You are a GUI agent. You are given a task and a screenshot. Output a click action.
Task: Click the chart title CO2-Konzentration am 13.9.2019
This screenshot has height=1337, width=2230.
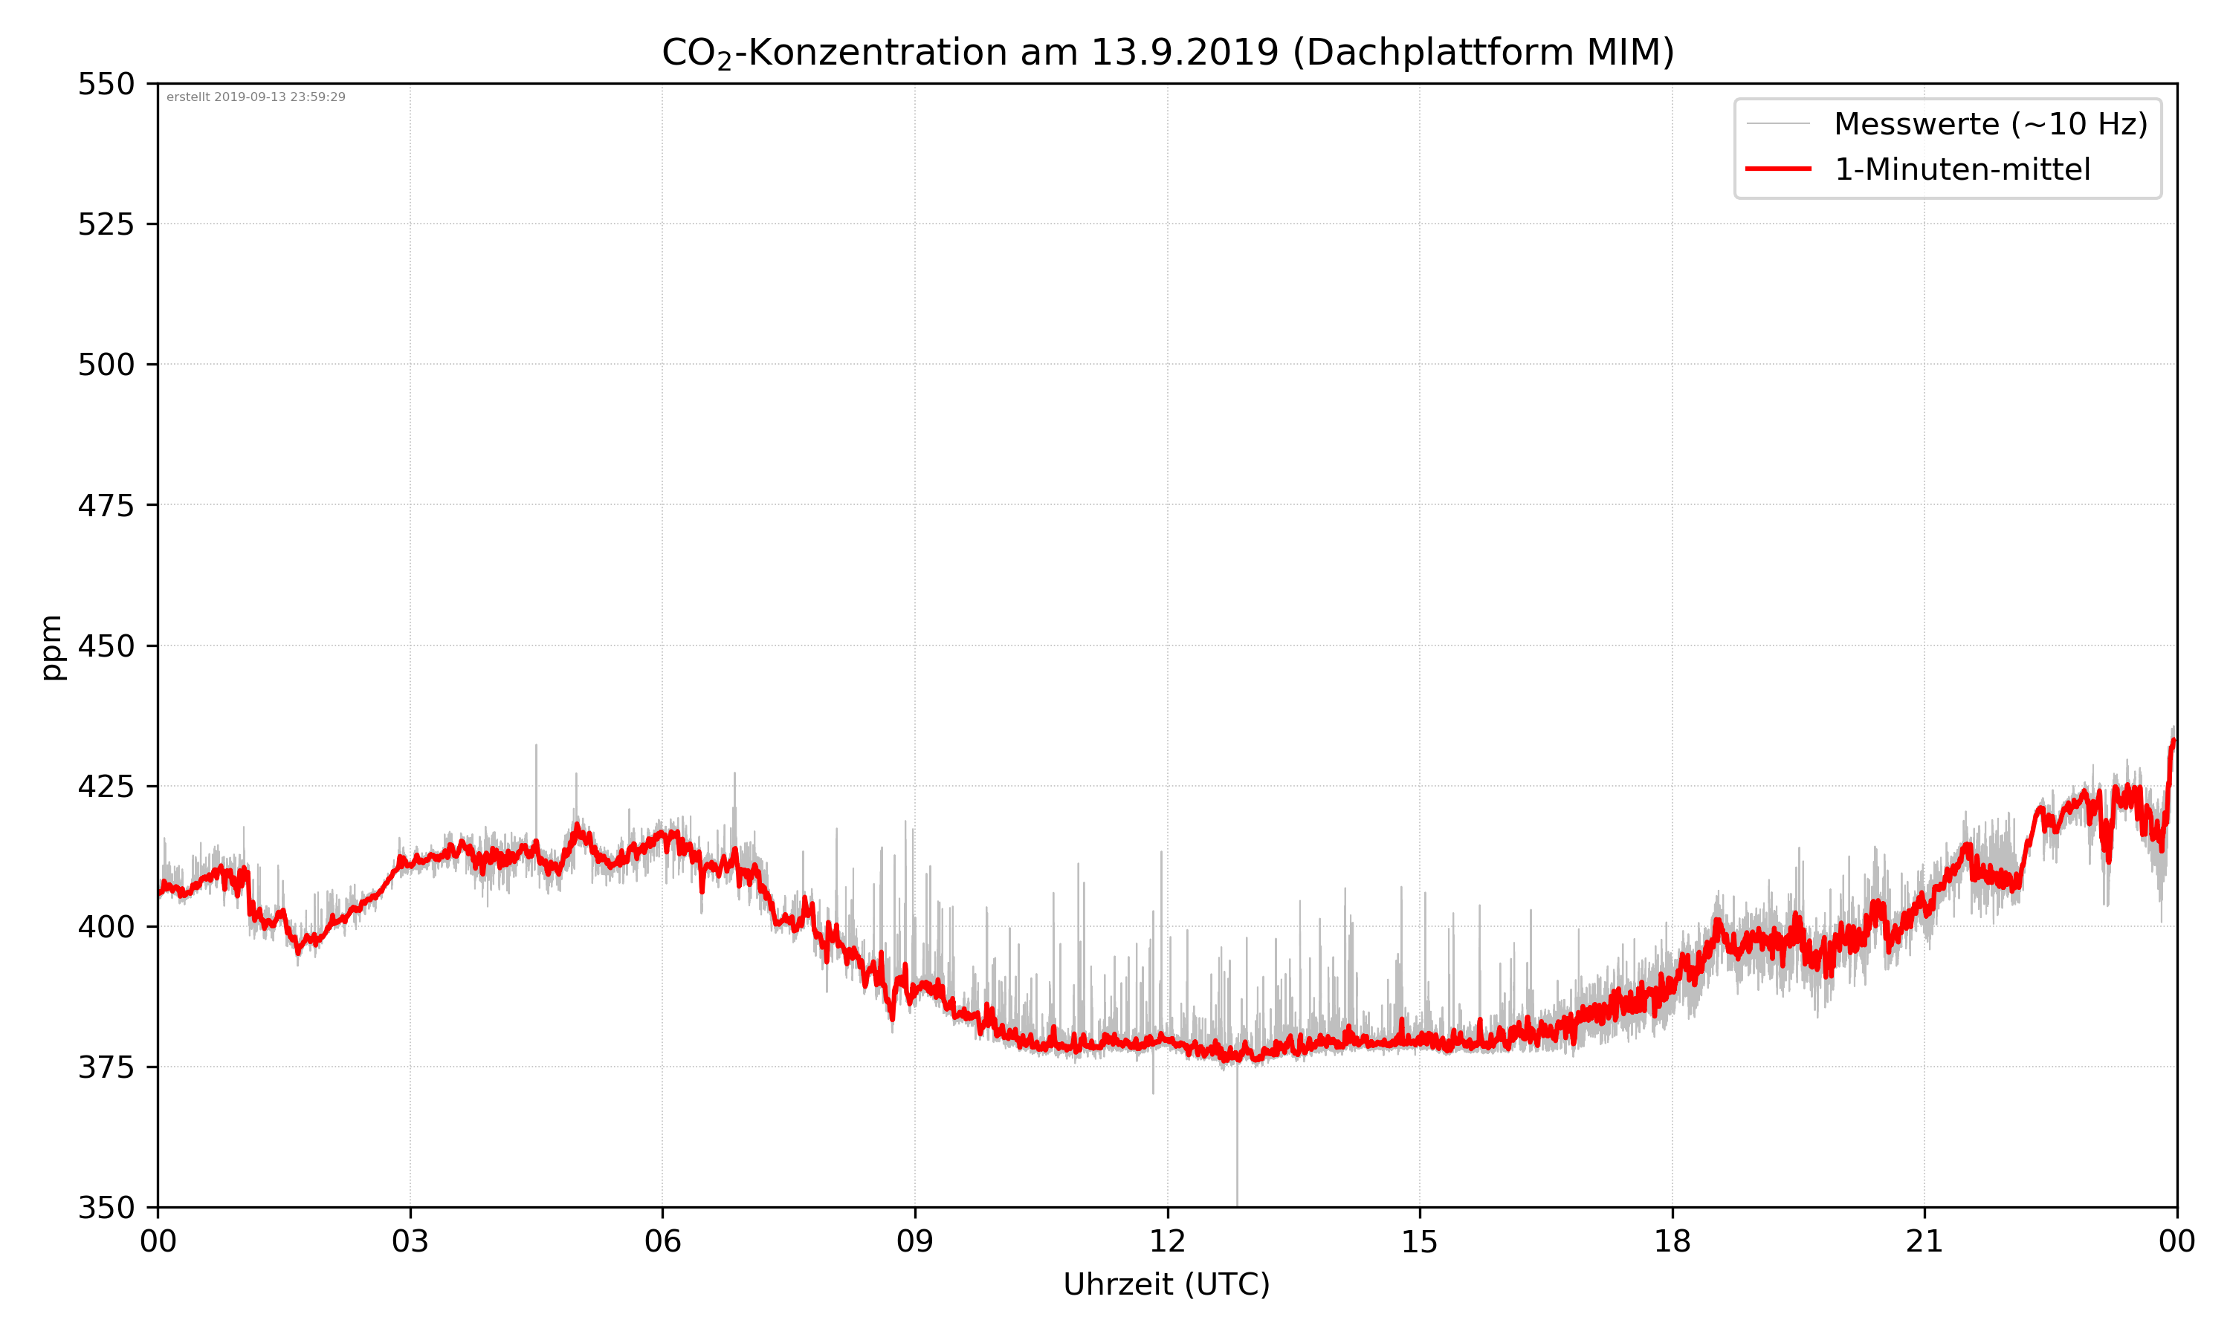coord(1167,52)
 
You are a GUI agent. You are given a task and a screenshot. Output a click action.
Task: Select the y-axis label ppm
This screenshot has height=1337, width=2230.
coord(51,647)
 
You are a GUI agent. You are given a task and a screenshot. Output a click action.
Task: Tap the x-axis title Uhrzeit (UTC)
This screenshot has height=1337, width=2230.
coord(1166,1284)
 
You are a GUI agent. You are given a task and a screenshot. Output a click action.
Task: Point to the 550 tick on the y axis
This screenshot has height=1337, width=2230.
coord(106,84)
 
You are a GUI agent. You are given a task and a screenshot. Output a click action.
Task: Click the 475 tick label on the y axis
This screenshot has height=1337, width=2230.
coord(106,505)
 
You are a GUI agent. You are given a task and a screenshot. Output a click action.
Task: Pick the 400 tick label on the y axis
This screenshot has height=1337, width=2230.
coord(106,926)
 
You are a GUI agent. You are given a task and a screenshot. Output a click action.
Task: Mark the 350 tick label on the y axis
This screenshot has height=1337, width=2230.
coord(106,1207)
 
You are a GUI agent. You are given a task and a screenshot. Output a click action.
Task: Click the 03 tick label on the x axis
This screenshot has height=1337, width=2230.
coord(410,1241)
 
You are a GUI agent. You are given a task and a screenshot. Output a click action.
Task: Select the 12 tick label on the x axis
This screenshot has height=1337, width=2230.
coord(1167,1241)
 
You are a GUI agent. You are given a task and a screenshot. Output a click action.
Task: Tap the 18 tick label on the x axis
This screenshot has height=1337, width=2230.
coord(1672,1241)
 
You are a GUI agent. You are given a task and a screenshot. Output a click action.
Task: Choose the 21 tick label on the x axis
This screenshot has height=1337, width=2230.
coord(1924,1241)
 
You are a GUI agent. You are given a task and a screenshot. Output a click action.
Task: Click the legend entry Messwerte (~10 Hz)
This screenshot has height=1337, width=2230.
coord(1990,124)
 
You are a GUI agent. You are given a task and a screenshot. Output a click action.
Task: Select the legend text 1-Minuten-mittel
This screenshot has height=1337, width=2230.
coord(1962,169)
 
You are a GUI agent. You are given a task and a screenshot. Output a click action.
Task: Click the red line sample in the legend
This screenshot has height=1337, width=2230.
coord(1777,169)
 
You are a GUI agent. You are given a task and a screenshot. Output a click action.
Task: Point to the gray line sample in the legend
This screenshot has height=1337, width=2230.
coord(1777,123)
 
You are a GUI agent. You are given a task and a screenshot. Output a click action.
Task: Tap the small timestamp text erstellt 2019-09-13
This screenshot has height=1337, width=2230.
coord(256,97)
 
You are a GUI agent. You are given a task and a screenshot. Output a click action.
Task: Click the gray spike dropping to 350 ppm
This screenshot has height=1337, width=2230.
coord(1237,1171)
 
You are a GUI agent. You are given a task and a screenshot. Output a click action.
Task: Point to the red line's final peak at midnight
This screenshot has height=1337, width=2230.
coord(2174,741)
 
